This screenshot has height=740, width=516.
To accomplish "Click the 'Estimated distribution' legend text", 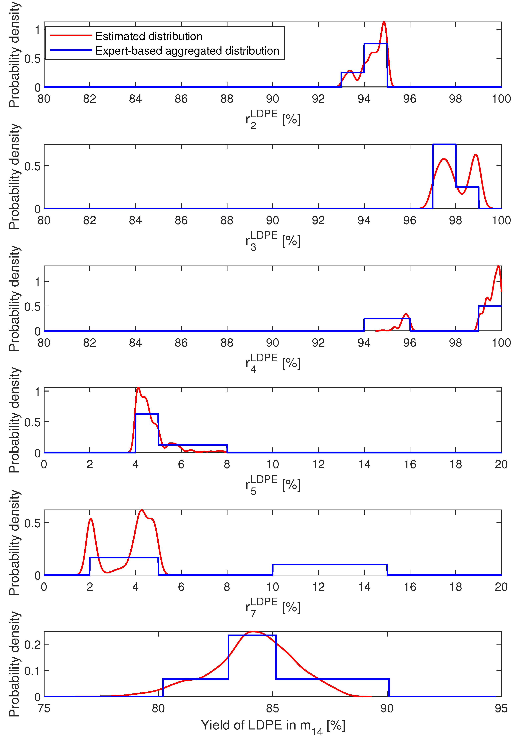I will (x=149, y=36).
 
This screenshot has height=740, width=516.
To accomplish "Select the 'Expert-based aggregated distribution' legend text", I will (x=187, y=51).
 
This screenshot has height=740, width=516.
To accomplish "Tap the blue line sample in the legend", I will (x=71, y=50).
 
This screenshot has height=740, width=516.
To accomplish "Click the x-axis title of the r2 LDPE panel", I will (x=273, y=119).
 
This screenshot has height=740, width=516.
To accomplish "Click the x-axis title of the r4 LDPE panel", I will (x=273, y=363).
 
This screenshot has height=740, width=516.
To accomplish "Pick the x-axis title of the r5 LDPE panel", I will (x=273, y=485).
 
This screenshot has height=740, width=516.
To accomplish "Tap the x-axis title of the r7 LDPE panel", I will (x=273, y=607).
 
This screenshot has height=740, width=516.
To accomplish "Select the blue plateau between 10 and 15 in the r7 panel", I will (x=330, y=565).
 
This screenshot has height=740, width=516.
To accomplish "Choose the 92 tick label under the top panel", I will (x=318, y=99).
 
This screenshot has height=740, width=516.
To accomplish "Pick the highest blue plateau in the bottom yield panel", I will (x=252, y=635).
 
